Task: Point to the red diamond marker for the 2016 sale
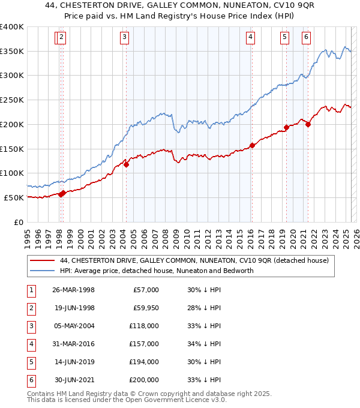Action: point(252,145)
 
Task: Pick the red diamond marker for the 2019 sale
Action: point(287,127)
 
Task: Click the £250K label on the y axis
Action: point(12,100)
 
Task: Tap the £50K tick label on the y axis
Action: point(14,197)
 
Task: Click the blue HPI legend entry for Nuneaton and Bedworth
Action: point(157,271)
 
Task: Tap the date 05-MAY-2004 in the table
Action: point(73,326)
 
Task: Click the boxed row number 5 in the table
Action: point(31,362)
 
